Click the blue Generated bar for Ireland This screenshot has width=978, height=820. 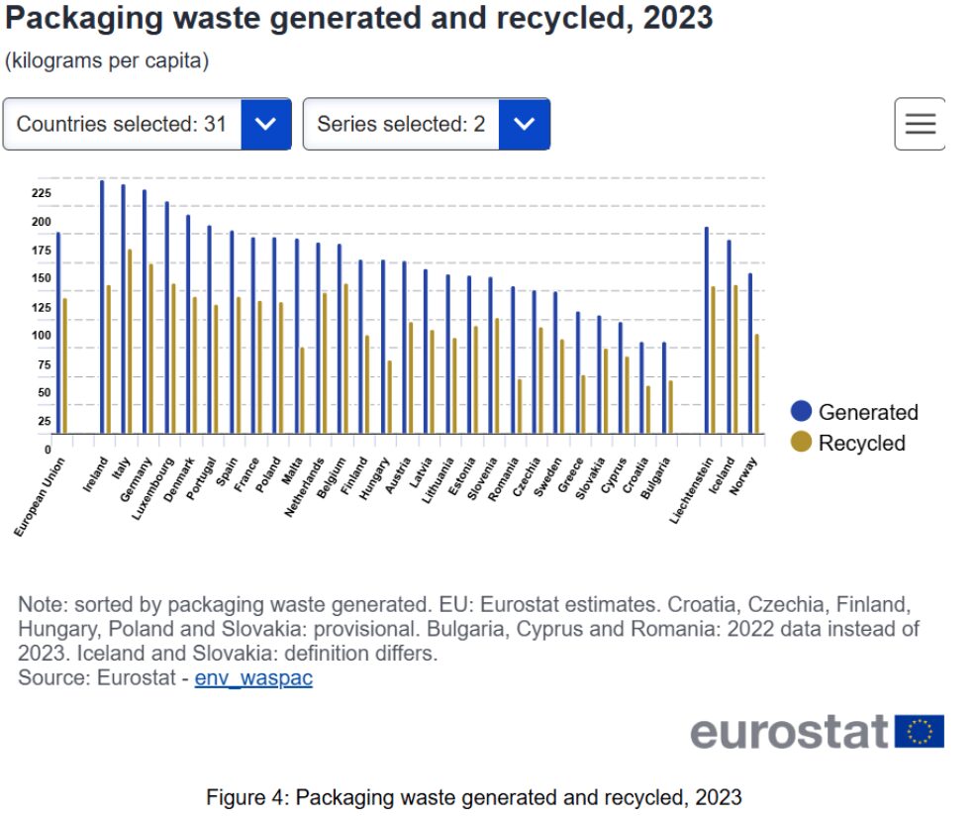click(x=102, y=307)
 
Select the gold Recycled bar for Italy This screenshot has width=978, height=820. click(x=130, y=342)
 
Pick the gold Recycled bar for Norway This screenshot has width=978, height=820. click(x=756, y=384)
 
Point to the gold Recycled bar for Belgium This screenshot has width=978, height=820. click(x=345, y=359)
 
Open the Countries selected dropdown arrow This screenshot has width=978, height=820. click(x=265, y=124)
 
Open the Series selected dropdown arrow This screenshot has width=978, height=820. click(x=525, y=124)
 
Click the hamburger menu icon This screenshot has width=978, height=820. click(x=920, y=124)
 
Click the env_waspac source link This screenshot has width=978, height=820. click(x=253, y=678)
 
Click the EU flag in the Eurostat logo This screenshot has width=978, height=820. click(x=920, y=732)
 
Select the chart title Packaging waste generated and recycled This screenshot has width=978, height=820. click(x=358, y=18)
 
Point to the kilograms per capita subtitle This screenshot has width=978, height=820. click(x=107, y=61)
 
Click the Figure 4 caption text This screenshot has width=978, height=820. click(x=473, y=797)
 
